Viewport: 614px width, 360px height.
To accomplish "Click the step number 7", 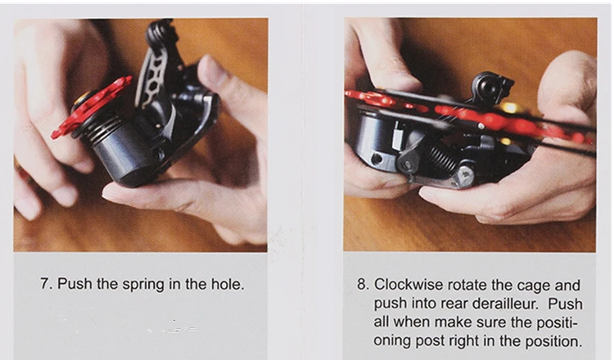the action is click(x=45, y=284).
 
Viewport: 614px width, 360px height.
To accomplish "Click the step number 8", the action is click(x=363, y=285).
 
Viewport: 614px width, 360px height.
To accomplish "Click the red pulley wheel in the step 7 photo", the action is click(x=93, y=107).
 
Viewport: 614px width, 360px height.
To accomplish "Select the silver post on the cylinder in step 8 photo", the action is click(x=397, y=135).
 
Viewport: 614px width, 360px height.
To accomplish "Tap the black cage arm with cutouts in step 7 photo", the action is click(x=154, y=74).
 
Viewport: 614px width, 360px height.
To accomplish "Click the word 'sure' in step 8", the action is click(x=490, y=323).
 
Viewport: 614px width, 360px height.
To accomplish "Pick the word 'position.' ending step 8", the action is click(x=552, y=341).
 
